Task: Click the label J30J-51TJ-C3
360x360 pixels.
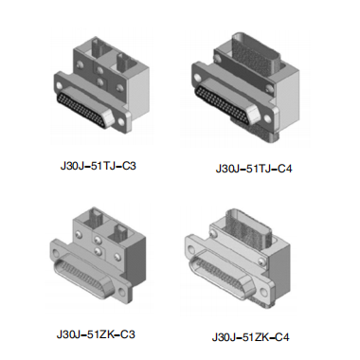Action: (x=99, y=166)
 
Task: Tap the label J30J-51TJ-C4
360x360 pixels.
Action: (x=254, y=169)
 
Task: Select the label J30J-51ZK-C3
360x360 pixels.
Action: (x=96, y=334)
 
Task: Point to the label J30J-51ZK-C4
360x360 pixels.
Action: (x=250, y=337)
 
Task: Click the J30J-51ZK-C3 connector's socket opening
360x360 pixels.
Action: (x=82, y=274)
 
